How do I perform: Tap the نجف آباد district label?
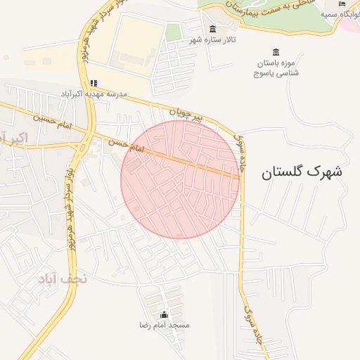(x=63, y=278)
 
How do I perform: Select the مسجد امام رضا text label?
(x=164, y=326)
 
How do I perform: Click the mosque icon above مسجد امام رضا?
(x=164, y=314)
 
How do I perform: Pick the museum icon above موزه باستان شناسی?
(x=275, y=52)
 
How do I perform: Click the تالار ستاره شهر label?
(x=211, y=40)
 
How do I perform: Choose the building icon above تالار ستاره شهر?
(x=212, y=28)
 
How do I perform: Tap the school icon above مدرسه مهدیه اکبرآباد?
(x=94, y=83)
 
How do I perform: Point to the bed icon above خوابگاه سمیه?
(x=342, y=4)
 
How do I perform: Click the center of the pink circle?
(x=179, y=179)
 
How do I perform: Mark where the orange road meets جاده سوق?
(x=241, y=177)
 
